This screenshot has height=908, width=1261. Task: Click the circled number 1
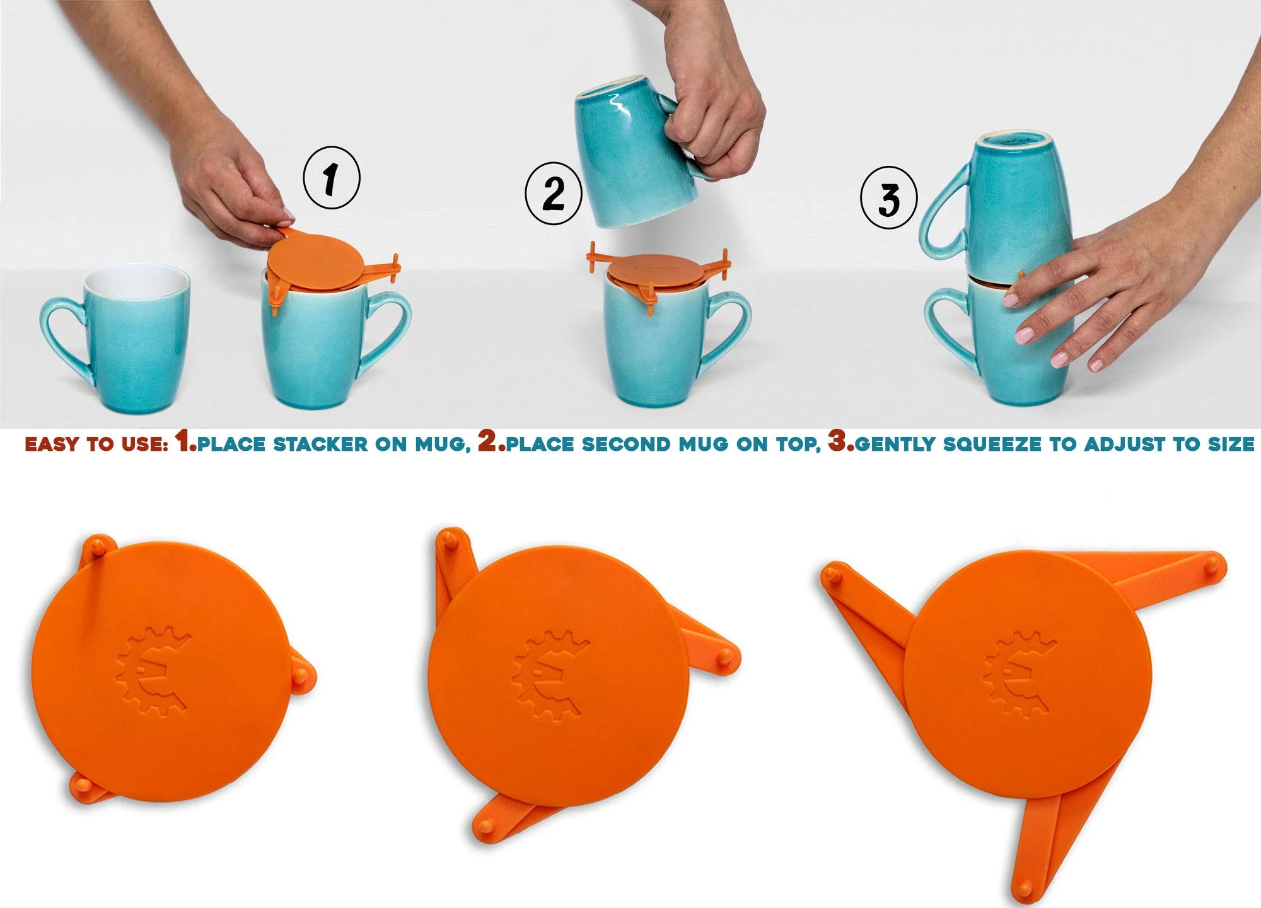(332, 178)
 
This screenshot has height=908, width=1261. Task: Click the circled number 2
(553, 193)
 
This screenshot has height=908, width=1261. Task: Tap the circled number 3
(888, 198)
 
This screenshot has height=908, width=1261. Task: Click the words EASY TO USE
(96, 444)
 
